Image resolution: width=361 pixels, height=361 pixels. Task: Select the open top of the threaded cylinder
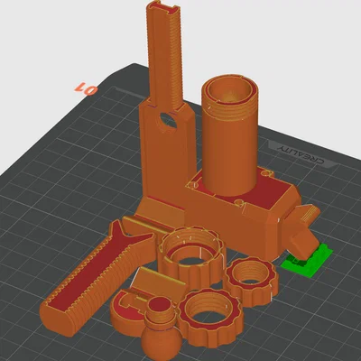230,90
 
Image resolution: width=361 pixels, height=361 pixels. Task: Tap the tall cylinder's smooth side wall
230,153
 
